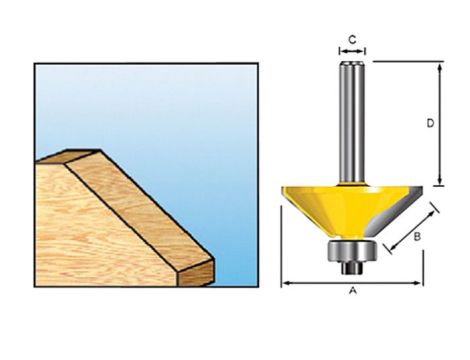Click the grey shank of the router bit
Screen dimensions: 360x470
point(351,120)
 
